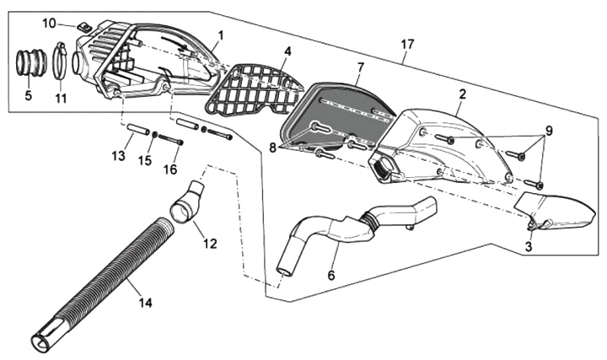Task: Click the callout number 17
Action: (x=407, y=44)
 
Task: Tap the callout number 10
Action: (x=49, y=24)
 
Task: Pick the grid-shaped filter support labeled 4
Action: (x=255, y=90)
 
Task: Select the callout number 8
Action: (x=273, y=148)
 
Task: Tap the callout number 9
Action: (x=549, y=131)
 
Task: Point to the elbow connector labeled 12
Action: (x=187, y=203)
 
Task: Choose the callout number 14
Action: (x=146, y=302)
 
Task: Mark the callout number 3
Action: (x=529, y=246)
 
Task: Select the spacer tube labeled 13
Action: (x=138, y=129)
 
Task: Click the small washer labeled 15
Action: (x=154, y=135)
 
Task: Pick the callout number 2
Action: (x=462, y=94)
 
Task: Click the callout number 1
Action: (x=221, y=35)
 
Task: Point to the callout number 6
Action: (x=331, y=276)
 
